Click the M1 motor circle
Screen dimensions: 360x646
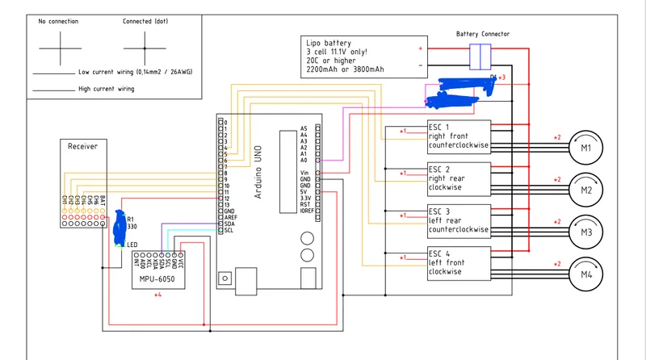587,147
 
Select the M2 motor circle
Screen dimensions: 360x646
587,190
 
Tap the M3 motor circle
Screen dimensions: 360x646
587,232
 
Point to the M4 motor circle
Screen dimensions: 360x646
587,274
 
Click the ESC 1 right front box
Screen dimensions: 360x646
458,136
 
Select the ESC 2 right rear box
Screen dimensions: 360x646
458,178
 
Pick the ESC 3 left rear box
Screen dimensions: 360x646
458,220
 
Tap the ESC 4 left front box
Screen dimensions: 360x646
458,263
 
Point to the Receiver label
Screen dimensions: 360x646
82,147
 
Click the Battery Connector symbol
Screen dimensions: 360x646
481,57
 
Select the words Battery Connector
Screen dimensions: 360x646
483,34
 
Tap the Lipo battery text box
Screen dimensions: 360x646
363,56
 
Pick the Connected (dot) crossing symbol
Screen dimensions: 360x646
145,48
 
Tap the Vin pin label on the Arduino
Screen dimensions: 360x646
304,173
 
